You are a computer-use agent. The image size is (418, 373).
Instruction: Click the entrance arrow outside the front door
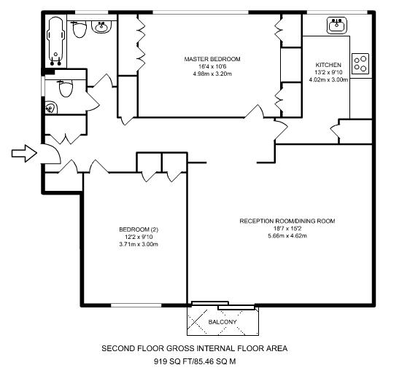(x=24, y=154)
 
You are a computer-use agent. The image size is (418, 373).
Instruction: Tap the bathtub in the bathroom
(x=55, y=41)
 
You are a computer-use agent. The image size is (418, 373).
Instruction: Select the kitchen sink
(x=337, y=25)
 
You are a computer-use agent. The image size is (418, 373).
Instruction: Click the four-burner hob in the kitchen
(x=360, y=64)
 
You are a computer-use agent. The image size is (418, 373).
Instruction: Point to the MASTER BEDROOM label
(x=212, y=59)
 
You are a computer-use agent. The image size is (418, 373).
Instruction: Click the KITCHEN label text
(x=328, y=65)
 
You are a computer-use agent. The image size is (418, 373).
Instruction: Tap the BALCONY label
(x=222, y=322)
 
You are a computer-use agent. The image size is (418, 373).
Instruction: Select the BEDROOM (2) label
(x=139, y=229)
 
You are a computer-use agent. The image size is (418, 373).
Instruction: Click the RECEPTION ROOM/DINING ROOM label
(x=287, y=221)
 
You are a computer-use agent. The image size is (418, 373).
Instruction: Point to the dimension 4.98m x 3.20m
(x=212, y=74)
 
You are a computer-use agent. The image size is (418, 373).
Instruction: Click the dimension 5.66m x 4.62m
(x=287, y=235)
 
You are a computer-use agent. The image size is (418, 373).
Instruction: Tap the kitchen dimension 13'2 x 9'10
(x=328, y=72)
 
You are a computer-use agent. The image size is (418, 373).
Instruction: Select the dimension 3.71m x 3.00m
(x=139, y=244)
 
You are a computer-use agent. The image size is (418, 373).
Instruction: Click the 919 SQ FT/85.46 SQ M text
(x=195, y=361)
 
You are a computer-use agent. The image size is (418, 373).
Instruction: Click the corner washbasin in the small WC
(x=51, y=108)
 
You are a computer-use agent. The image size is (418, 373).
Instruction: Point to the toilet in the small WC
(x=66, y=88)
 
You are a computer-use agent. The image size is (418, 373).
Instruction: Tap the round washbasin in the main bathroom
(x=101, y=27)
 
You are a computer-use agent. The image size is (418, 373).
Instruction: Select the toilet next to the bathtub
(x=80, y=29)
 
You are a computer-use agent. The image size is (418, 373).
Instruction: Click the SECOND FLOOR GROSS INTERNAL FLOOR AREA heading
(x=195, y=348)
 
